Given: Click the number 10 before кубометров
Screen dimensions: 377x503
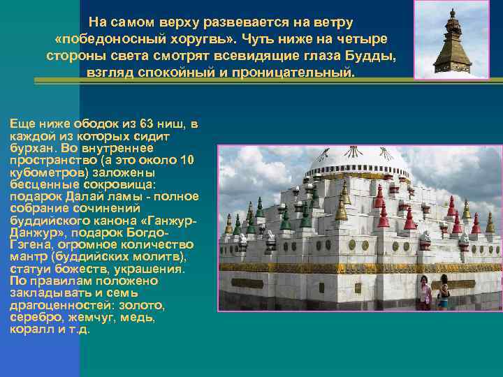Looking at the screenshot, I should click(x=187, y=159).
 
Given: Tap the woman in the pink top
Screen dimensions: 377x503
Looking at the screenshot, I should click(x=425, y=291).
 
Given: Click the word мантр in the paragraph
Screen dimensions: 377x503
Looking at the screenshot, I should click(x=27, y=256).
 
